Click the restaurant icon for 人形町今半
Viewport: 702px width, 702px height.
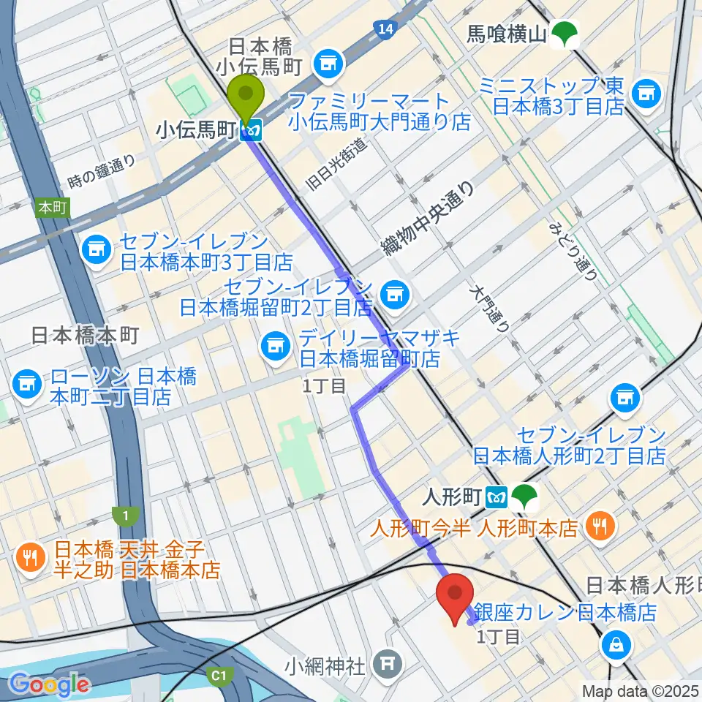coord(600,526)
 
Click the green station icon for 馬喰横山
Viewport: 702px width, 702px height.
coord(563,34)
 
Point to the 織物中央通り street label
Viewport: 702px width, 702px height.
coord(428,220)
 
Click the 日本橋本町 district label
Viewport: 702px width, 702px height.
coord(86,336)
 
